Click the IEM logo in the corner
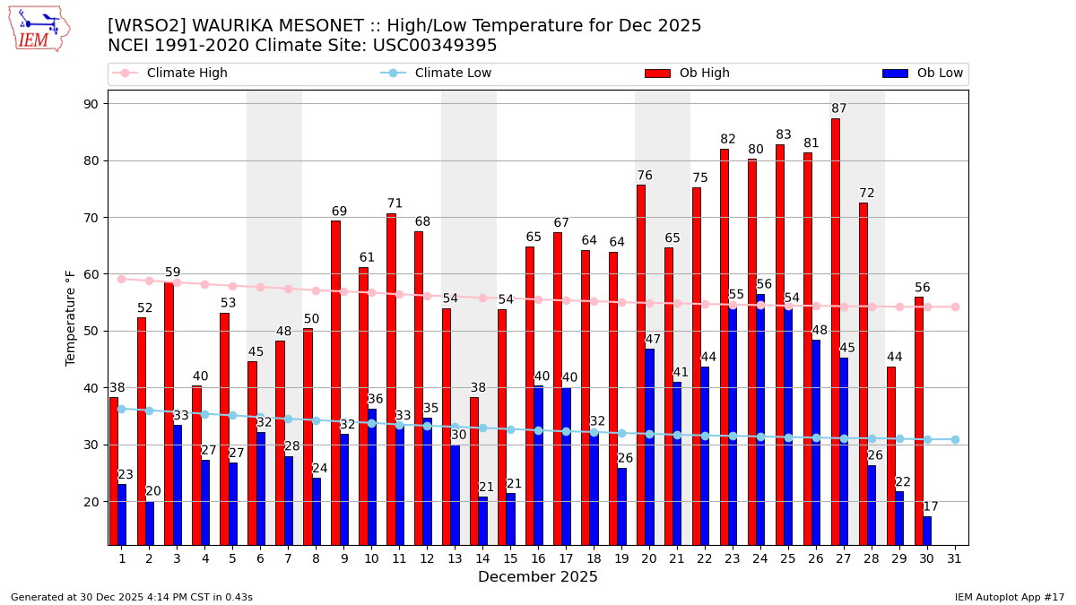tap(39, 29)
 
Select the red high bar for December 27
tap(835, 332)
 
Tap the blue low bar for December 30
tap(927, 530)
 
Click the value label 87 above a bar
tap(839, 108)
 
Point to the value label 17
tap(931, 506)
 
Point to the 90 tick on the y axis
tap(91, 104)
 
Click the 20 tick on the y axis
tap(91, 502)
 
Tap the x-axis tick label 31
tap(955, 558)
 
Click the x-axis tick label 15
tap(510, 558)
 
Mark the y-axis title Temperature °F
tap(71, 317)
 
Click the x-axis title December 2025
tap(538, 577)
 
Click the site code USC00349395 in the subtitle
tap(437, 46)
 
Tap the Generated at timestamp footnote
tap(132, 597)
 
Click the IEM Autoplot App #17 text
tap(1009, 597)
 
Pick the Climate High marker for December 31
tap(955, 307)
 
